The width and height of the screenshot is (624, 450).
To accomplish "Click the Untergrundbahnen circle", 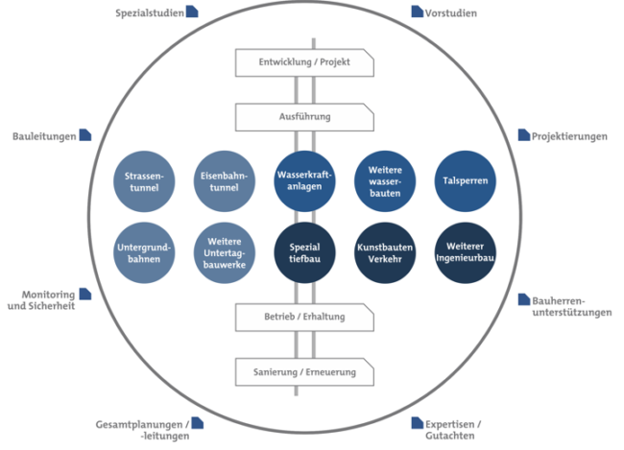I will coord(145,253).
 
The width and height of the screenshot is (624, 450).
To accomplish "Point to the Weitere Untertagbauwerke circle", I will coord(226,253).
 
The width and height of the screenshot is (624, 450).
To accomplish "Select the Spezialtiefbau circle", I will coord(304,253).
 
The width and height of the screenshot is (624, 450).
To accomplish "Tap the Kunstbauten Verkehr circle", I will coord(385,253).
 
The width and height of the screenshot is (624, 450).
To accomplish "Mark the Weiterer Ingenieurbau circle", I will coord(466,253).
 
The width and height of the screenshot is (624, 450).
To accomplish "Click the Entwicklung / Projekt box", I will coord(304,63).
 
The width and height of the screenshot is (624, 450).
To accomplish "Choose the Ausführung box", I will coord(304,117).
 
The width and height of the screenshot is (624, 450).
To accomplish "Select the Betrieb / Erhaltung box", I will coord(304,316).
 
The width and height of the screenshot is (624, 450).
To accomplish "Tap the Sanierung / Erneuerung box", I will coord(304,370).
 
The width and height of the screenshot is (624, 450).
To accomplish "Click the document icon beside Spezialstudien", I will coord(192,12).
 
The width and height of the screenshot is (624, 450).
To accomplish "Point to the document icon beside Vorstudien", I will coord(417,12).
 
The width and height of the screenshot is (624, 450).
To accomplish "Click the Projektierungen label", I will coord(569,137).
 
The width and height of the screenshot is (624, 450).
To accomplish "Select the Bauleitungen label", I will coord(44,137).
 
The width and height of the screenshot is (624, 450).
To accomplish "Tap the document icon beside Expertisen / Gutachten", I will coord(417,422).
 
